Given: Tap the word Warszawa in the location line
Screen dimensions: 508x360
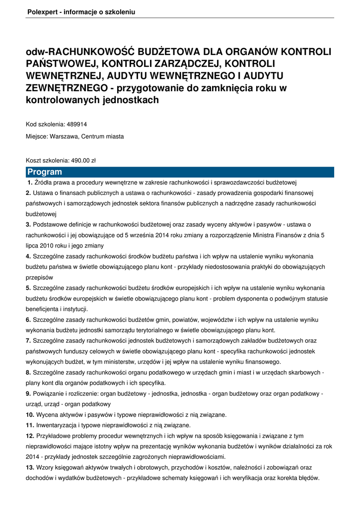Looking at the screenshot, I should click(x=64, y=136).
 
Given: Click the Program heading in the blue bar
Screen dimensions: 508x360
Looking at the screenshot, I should click(x=45, y=172).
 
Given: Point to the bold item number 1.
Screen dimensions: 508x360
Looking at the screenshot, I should click(x=30, y=182).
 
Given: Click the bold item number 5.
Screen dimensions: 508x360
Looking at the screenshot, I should click(x=28, y=288).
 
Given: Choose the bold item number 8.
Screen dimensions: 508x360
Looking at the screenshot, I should click(x=28, y=372).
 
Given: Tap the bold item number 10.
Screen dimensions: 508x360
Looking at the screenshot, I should click(x=30, y=414).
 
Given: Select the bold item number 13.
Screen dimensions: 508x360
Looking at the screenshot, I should click(x=30, y=467).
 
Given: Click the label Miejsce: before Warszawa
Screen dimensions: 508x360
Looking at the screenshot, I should click(x=37, y=136).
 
